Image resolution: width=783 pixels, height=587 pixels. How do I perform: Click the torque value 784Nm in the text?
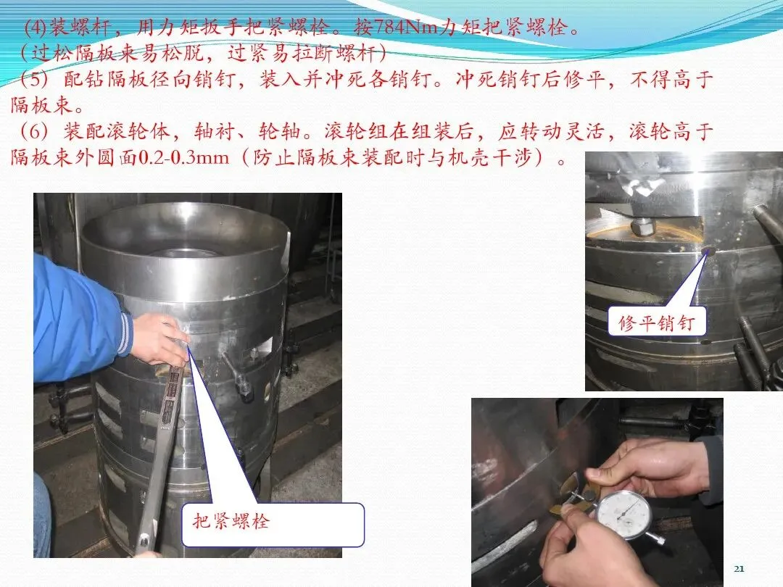tap(405, 27)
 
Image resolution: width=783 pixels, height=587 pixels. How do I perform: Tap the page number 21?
tap(739, 569)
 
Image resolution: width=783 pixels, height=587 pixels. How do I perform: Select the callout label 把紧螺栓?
tap(231, 521)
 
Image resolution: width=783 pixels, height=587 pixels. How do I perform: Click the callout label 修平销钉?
tap(656, 323)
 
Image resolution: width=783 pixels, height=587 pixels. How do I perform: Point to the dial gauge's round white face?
tap(623, 514)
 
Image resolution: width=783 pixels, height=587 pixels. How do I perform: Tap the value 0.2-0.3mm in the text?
tap(183, 158)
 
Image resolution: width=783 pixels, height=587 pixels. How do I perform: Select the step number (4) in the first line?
tap(35, 27)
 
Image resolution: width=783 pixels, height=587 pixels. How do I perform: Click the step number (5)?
tap(34, 79)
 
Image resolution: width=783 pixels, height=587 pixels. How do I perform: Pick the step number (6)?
tap(34, 131)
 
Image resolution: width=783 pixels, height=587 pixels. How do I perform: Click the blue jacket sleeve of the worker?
tap(79, 320)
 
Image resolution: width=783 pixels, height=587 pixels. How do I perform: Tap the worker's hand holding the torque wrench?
tap(159, 339)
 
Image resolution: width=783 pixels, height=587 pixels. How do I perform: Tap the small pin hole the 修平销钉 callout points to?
tap(708, 249)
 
